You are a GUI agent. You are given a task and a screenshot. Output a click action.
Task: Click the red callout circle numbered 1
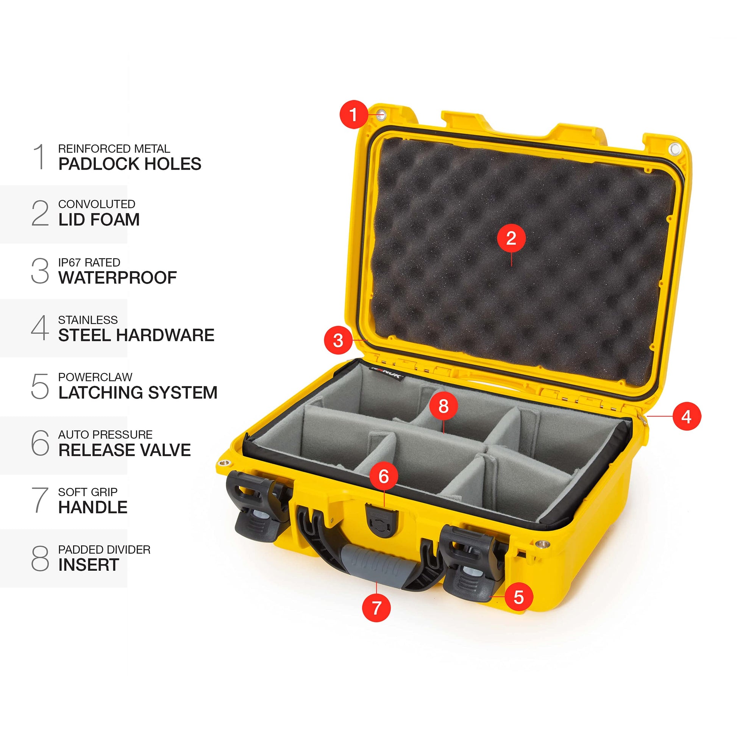click(x=354, y=114)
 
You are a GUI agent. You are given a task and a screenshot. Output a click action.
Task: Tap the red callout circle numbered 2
click(x=511, y=239)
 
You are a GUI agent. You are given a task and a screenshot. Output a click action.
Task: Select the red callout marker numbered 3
click(x=338, y=340)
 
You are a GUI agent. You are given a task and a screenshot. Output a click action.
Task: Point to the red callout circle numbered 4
click(x=687, y=416)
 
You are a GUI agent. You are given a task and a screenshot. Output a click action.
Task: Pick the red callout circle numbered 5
click(x=519, y=596)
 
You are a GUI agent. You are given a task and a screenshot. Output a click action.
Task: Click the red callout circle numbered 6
click(x=384, y=476)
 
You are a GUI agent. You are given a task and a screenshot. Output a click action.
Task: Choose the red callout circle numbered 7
click(x=376, y=608)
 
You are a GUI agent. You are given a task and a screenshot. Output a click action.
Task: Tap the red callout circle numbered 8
click(x=443, y=406)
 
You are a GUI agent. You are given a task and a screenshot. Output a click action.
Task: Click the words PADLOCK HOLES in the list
click(x=130, y=164)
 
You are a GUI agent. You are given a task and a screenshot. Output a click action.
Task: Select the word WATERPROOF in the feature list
click(x=117, y=278)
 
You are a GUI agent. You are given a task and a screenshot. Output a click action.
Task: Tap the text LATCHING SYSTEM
click(x=138, y=392)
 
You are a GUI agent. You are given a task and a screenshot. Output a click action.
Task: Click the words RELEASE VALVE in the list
click(x=124, y=450)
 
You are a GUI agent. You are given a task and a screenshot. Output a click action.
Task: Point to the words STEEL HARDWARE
click(x=136, y=335)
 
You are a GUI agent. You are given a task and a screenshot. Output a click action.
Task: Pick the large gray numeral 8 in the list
click(x=40, y=558)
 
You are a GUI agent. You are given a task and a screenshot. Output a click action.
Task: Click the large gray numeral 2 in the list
click(x=40, y=213)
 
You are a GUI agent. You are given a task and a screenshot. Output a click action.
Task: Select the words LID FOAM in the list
click(x=99, y=220)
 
